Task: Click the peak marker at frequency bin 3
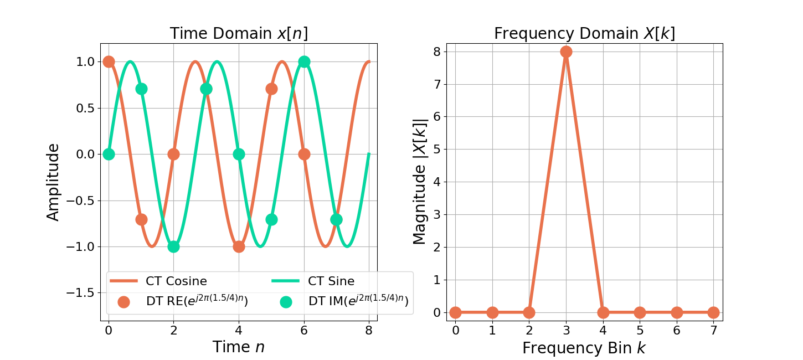point(566,52)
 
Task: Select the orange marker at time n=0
point(109,61)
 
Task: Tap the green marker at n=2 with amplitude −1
point(173,246)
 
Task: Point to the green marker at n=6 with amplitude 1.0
point(304,61)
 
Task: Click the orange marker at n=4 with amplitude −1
point(239,246)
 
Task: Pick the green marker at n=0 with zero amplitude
point(109,154)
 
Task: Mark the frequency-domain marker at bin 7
point(713,312)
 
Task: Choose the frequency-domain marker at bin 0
point(455,312)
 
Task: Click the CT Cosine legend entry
point(176,281)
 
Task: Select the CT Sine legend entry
point(331,281)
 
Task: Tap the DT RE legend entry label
point(197,301)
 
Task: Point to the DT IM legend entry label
point(358,301)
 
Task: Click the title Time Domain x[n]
point(239,34)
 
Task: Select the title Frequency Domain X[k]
point(584,34)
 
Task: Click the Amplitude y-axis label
point(53,182)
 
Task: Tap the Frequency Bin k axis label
point(584,348)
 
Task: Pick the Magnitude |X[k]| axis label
point(420,182)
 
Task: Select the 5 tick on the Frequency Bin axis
point(640,331)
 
